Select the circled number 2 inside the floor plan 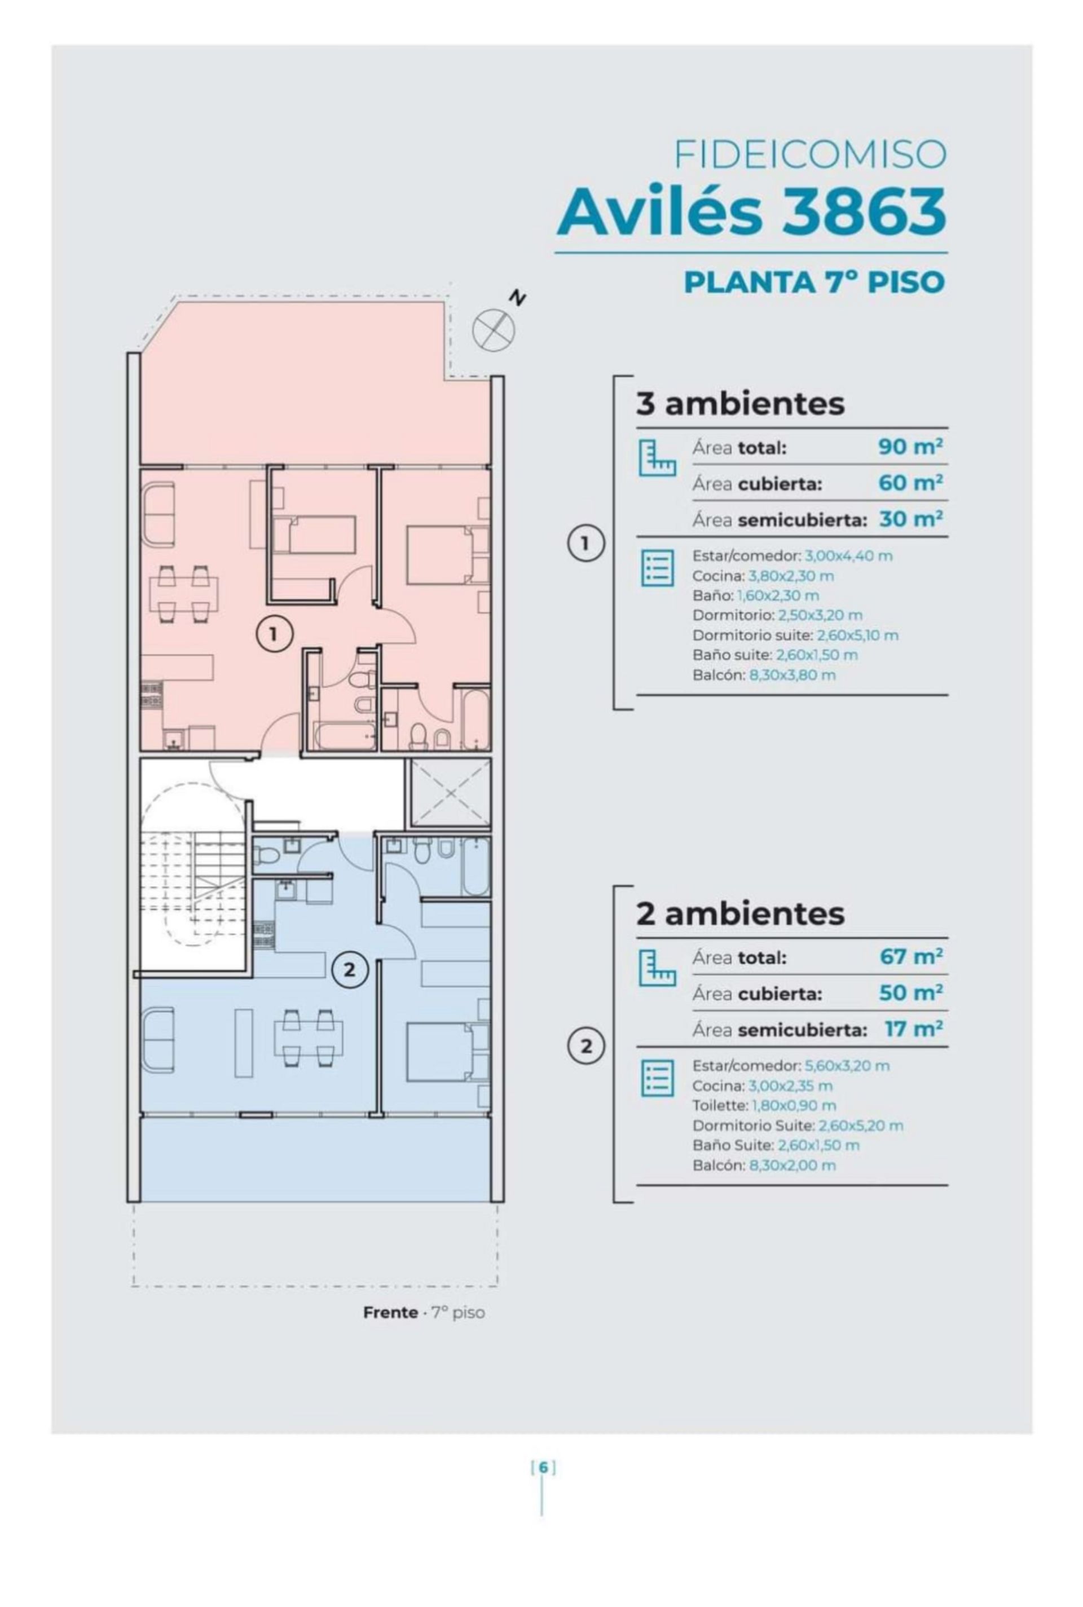pyautogui.click(x=350, y=970)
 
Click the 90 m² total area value pyautogui.click(x=910, y=447)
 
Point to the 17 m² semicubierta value pyautogui.click(x=913, y=1029)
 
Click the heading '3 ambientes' pyautogui.click(x=739, y=403)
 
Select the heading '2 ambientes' pyautogui.click(x=739, y=913)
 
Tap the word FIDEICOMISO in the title pyautogui.click(x=810, y=154)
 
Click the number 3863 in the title pyautogui.click(x=864, y=210)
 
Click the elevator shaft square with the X pyautogui.click(x=450, y=792)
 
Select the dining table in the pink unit pyautogui.click(x=184, y=594)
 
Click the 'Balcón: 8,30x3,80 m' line pyautogui.click(x=764, y=674)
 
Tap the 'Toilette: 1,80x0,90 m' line pyautogui.click(x=764, y=1105)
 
